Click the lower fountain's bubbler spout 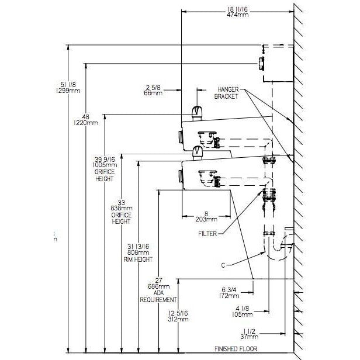198,152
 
